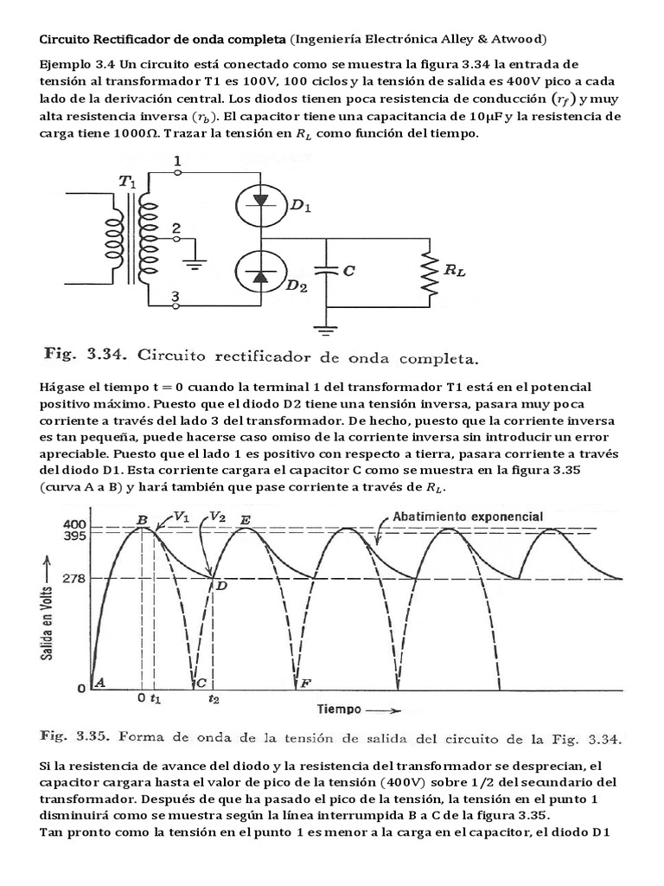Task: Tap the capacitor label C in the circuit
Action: (348, 271)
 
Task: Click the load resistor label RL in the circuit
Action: (455, 270)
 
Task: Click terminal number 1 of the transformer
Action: (176, 162)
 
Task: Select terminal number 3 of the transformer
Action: (176, 297)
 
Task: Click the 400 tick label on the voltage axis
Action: (75, 525)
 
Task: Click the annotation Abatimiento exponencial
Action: (468, 517)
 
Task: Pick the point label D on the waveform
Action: (221, 587)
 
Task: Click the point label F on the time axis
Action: (304, 684)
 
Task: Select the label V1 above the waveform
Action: (181, 516)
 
